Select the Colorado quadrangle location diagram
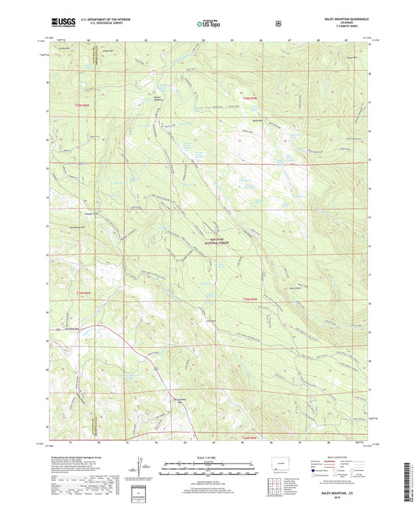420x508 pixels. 281,461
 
